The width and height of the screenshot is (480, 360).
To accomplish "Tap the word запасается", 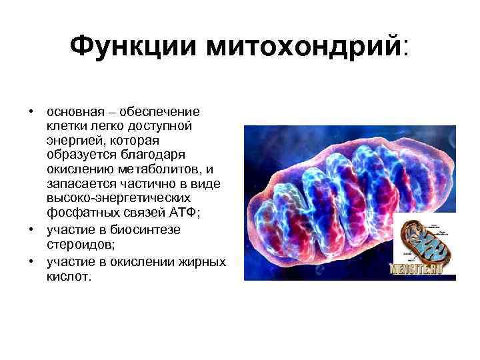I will [79, 185].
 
